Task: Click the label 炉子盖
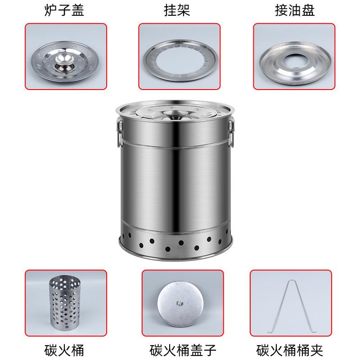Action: coord(64,10)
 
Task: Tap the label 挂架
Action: coord(177,10)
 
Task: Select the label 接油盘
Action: coord(295,10)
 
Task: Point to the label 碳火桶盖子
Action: coord(183,350)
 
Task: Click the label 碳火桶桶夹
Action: coord(290,350)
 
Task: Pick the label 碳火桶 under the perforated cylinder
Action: coord(64,350)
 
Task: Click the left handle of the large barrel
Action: coord(119,132)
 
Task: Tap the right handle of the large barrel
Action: coord(231,132)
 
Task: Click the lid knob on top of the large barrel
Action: coord(173,113)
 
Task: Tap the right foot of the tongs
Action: coord(311,332)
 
